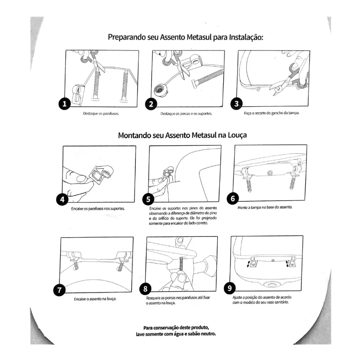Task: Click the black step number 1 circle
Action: point(64,104)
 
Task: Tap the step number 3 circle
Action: point(236,104)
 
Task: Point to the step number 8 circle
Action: point(145,289)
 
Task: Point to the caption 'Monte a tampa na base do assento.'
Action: point(265,207)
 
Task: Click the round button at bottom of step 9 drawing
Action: point(271,285)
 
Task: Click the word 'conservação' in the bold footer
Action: point(175,327)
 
